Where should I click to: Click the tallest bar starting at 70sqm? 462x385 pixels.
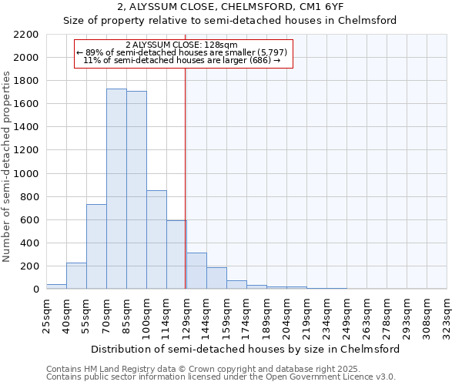(x=116, y=189)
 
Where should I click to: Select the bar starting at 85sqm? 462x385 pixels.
(x=136, y=190)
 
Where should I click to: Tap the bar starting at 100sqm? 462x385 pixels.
(x=156, y=239)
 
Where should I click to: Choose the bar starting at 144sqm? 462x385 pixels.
(x=216, y=278)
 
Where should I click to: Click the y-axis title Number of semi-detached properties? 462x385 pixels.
(x=7, y=166)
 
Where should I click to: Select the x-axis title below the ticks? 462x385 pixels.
(x=246, y=349)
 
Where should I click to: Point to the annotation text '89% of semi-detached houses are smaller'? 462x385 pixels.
(x=185, y=52)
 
